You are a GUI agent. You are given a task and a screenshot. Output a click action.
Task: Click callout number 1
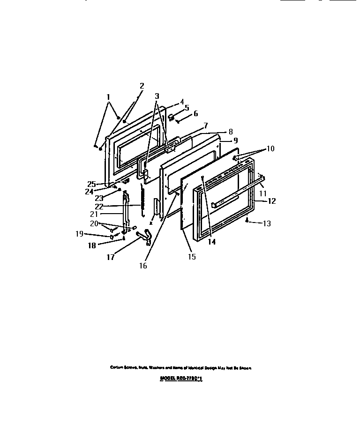pyautogui.click(x=108, y=97)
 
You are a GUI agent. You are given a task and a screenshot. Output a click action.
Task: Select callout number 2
pyautogui.click(x=142, y=86)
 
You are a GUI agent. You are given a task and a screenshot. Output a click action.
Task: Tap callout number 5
pyautogui.click(x=187, y=107)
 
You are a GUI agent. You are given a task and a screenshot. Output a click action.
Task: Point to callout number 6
pyautogui.click(x=195, y=113)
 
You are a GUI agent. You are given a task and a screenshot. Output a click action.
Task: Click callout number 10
pyautogui.click(x=270, y=148)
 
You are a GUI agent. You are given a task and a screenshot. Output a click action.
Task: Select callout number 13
pyautogui.click(x=266, y=223)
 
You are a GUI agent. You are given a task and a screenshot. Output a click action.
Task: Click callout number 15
pyautogui.click(x=192, y=257)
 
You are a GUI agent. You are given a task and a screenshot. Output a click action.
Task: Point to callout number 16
pyautogui.click(x=143, y=266)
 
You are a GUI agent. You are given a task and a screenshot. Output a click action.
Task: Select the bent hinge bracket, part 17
pyautogui.click(x=146, y=237)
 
